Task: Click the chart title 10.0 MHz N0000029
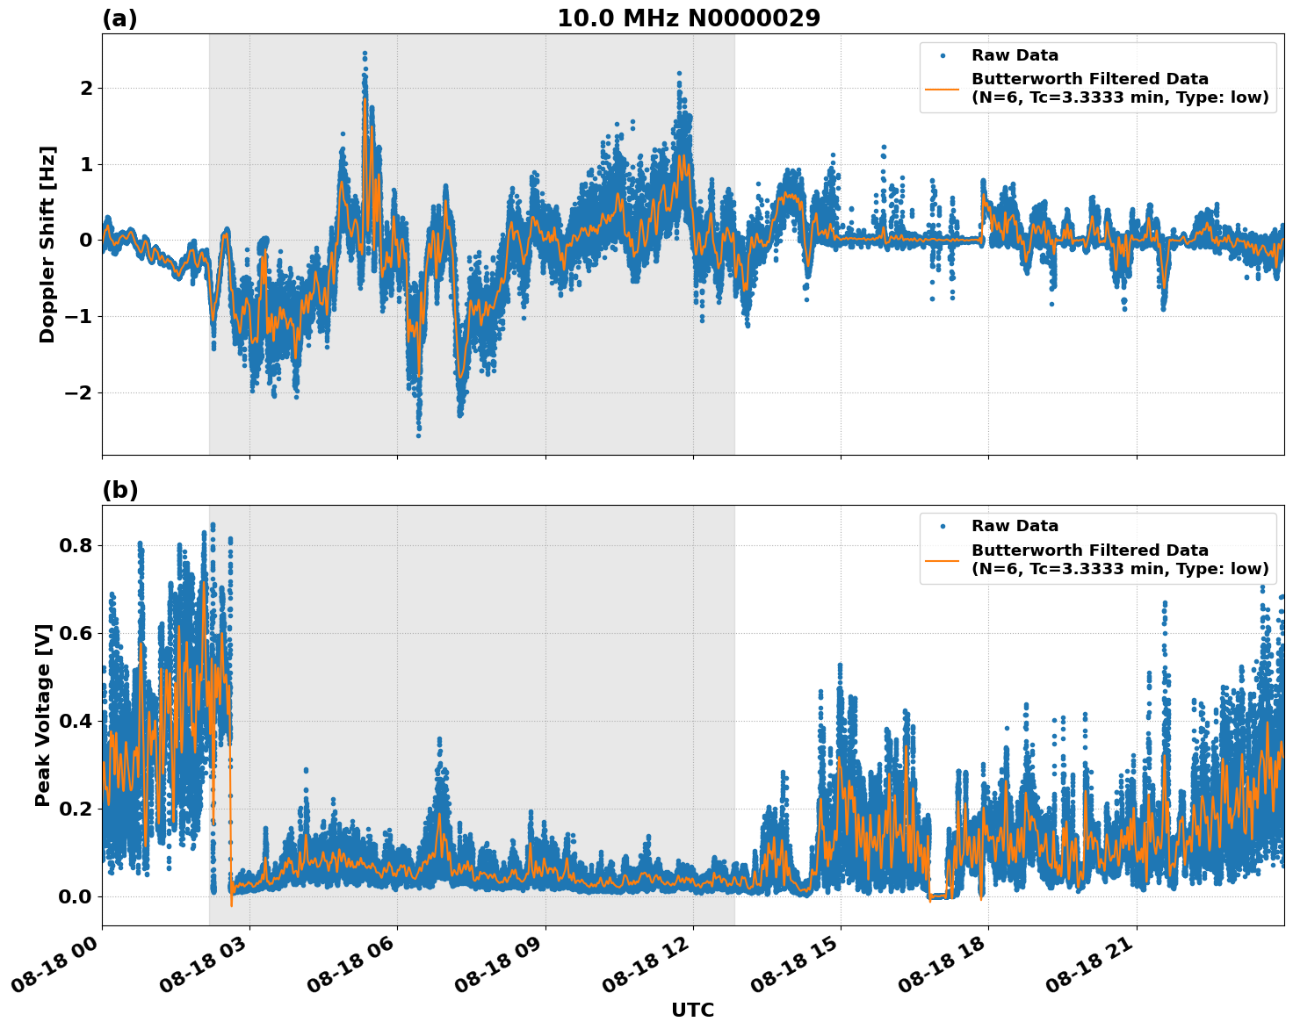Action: pyautogui.click(x=689, y=18)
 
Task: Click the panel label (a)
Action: pyautogui.click(x=119, y=18)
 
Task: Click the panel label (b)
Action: pyautogui.click(x=119, y=490)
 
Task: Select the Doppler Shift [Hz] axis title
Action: pyautogui.click(x=47, y=244)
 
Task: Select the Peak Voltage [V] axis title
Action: pyautogui.click(x=43, y=715)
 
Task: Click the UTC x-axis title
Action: pyautogui.click(x=692, y=1010)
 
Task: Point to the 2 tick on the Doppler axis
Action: pyautogui.click(x=86, y=89)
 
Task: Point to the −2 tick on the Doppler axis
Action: pyautogui.click(x=79, y=392)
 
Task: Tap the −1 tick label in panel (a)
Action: pyautogui.click(x=79, y=317)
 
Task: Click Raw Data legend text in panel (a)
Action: pyautogui.click(x=1015, y=55)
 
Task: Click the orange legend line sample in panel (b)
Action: pyautogui.click(x=943, y=559)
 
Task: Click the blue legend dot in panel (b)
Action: pyautogui.click(x=943, y=526)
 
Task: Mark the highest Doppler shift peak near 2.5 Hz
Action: pyautogui.click(x=365, y=54)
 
